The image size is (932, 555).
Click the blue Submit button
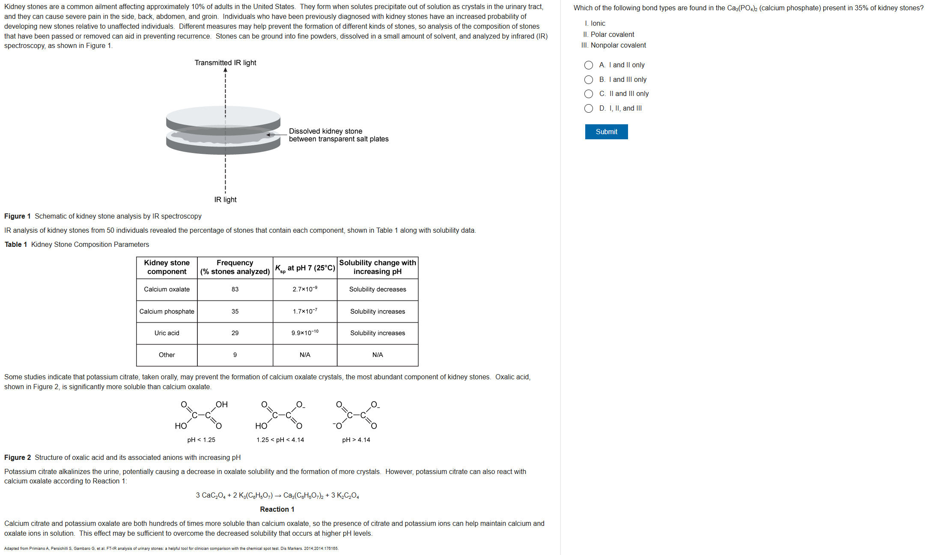coord(606,132)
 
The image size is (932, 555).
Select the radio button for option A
coord(589,65)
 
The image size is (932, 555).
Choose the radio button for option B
coord(589,80)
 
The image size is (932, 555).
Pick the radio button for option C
coord(589,94)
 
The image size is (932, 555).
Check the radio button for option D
coord(589,108)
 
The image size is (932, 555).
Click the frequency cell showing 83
coord(235,289)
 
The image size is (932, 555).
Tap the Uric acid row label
coord(167,333)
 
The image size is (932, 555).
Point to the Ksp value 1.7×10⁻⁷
coord(305,311)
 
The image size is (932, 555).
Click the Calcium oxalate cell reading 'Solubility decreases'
coord(377,289)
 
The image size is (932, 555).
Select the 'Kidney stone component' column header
coord(167,267)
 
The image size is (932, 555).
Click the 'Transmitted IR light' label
coord(225,63)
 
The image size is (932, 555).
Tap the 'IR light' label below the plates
coord(225,200)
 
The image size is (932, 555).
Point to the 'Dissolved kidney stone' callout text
coord(325,131)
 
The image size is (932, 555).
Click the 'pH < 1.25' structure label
coord(201,440)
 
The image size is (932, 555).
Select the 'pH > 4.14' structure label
coord(356,440)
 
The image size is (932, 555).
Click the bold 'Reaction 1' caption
coord(277,509)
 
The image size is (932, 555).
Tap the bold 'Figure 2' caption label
coord(18,457)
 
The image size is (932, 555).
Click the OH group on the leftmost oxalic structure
coord(222,405)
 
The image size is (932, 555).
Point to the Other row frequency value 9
coord(235,355)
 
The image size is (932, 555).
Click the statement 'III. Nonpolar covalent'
coord(614,45)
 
